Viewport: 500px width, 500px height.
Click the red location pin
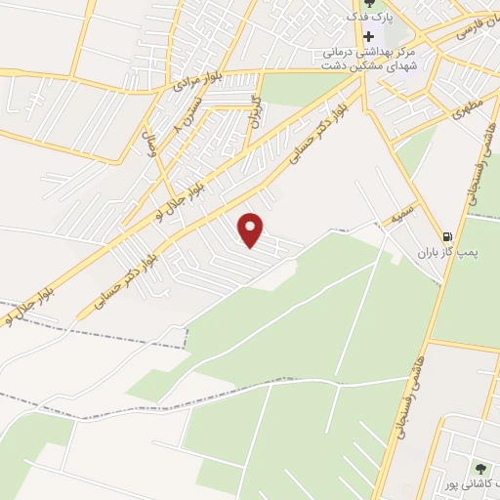coord(252,229)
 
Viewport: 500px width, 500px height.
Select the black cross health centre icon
coord(367,36)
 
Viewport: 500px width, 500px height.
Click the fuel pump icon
coord(447,236)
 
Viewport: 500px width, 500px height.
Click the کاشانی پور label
coord(465,485)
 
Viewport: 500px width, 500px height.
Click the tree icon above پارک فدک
coord(367,4)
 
